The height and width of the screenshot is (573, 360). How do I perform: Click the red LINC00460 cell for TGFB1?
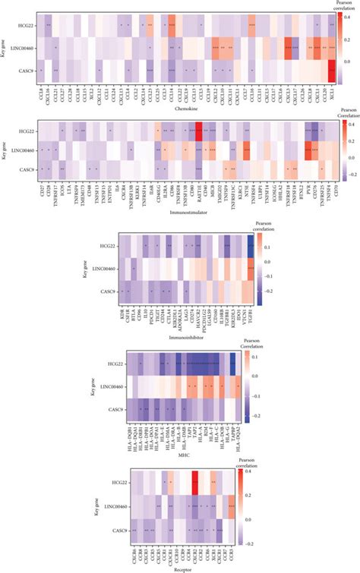[x=251, y=269]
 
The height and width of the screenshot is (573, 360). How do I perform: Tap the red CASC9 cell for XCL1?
[x=332, y=71]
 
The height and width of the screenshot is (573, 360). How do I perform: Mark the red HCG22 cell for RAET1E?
[x=199, y=131]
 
